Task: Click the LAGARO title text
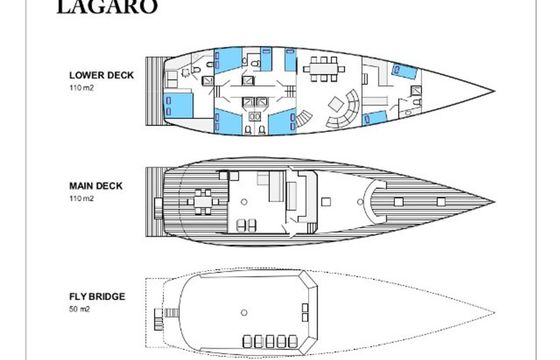(107, 6)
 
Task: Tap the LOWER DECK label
(101, 75)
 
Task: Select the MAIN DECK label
(96, 186)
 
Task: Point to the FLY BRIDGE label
(97, 297)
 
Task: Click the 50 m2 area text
(79, 309)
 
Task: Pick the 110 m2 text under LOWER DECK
(81, 88)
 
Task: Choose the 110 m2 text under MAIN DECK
(81, 199)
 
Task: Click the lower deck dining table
(324, 69)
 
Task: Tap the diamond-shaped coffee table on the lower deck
(336, 104)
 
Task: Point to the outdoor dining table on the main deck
(203, 202)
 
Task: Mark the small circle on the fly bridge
(244, 313)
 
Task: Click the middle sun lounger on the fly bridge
(270, 341)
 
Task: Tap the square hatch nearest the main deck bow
(441, 202)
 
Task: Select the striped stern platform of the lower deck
(155, 91)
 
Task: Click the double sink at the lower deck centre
(255, 116)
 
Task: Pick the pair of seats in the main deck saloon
(247, 225)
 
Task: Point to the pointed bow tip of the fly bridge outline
(495, 313)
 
